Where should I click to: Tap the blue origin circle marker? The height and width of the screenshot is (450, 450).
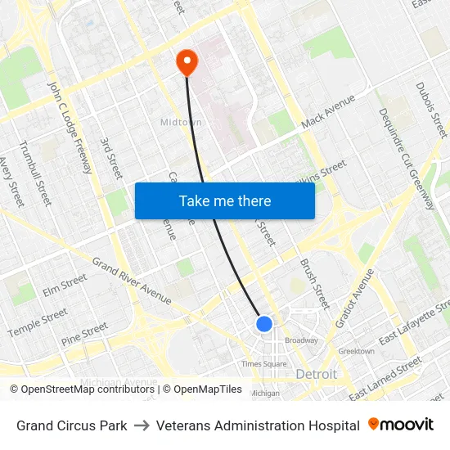263,324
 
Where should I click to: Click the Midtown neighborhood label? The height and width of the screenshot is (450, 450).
180,123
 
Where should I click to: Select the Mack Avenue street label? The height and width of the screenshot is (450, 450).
328,111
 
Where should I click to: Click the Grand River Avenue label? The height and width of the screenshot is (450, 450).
131,281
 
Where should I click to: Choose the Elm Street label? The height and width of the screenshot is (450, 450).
65,284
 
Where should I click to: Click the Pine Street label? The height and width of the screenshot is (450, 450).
84,332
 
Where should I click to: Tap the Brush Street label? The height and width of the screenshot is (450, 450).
313,284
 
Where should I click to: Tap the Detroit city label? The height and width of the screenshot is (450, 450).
316,374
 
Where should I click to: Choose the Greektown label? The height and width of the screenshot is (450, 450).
357,351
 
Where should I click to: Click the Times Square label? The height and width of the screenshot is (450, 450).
263,364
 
